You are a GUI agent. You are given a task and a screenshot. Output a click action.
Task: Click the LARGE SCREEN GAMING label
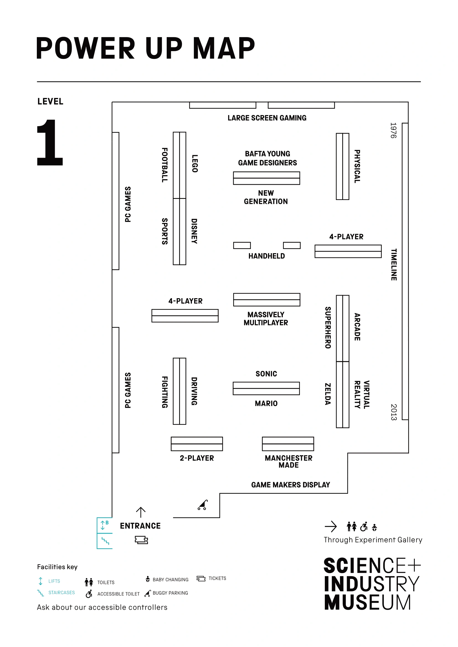[x=267, y=118]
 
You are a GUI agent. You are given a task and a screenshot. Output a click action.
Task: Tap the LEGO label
[x=195, y=163]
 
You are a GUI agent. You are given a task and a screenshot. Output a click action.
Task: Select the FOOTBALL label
[x=165, y=165]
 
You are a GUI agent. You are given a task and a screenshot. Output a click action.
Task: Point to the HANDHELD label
[x=266, y=256]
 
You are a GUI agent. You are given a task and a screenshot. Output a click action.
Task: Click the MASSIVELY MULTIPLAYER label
[x=266, y=318]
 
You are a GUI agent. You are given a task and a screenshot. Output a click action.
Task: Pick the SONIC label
[x=266, y=374]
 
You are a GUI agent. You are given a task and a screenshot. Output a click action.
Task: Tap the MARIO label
[x=266, y=404]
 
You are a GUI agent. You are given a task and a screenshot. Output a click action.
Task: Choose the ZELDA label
[x=327, y=394]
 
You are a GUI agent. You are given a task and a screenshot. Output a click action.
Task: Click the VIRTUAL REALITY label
[x=362, y=394]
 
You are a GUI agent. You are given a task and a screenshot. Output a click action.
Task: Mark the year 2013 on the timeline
[x=394, y=412]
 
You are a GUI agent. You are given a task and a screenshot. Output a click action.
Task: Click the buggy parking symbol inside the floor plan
[x=202, y=505]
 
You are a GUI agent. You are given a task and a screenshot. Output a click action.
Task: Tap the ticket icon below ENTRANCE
[x=141, y=540]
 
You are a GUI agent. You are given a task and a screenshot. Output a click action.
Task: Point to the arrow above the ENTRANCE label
[x=141, y=512]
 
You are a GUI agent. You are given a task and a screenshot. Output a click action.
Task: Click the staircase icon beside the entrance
[x=105, y=541]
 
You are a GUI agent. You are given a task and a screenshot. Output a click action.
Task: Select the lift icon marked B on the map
[x=104, y=525]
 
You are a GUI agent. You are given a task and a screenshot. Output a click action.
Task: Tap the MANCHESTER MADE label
[x=289, y=461]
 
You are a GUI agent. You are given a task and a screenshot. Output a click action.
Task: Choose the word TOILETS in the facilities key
[x=106, y=582]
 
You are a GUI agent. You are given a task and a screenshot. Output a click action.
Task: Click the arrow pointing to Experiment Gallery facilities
[x=331, y=526]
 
